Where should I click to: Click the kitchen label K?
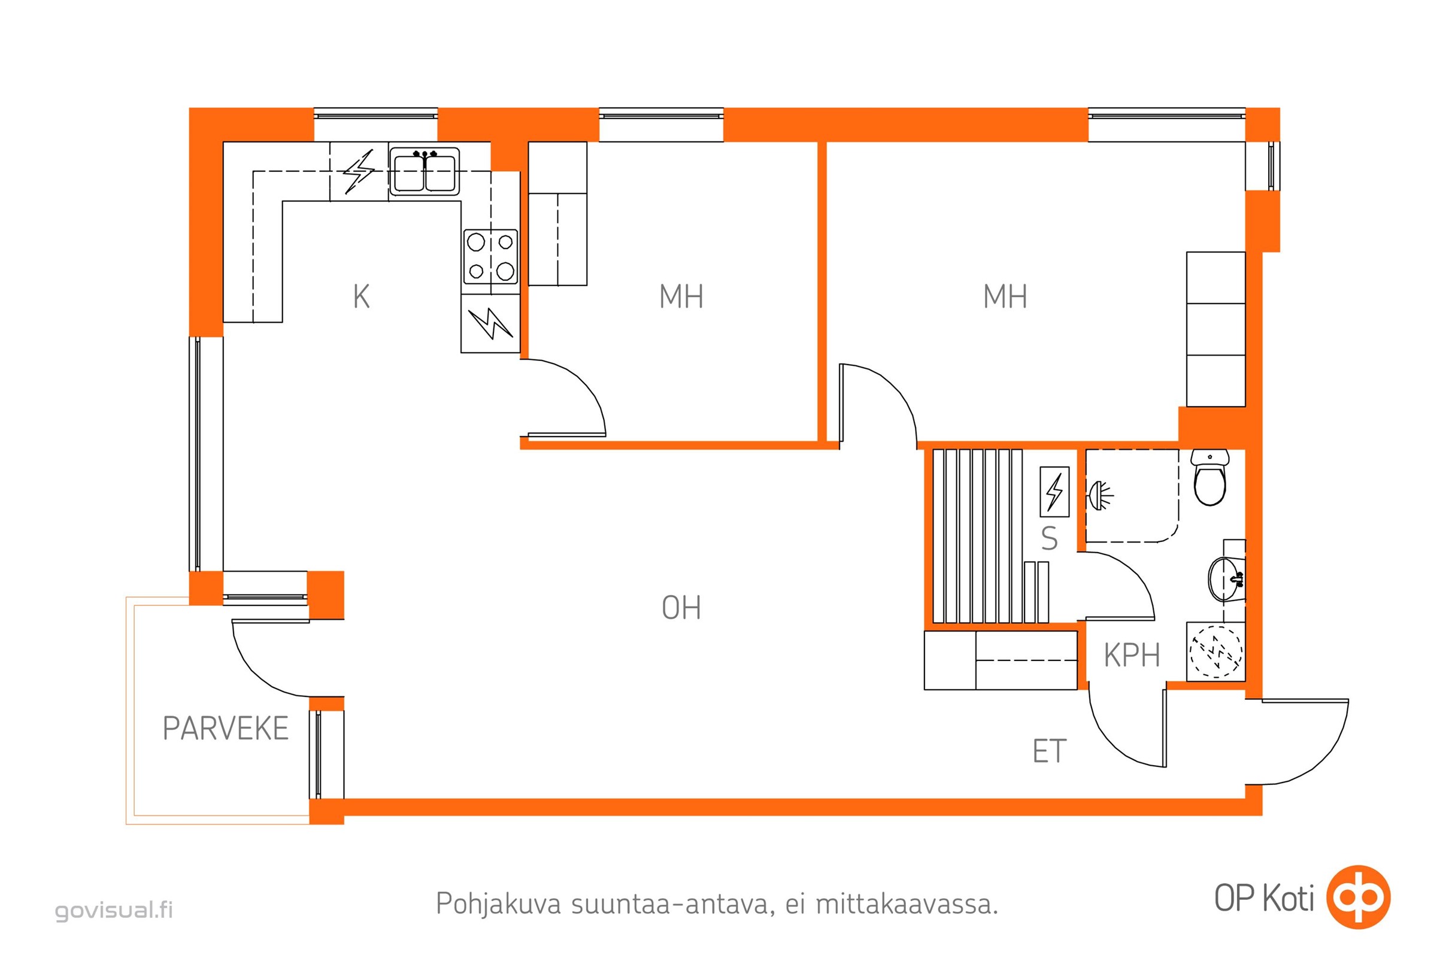click(361, 297)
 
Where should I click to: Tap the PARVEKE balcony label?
click(226, 728)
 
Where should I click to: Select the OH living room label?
click(681, 608)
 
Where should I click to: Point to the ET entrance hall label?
click(1049, 751)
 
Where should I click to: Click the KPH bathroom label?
click(1132, 656)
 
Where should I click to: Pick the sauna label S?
click(1049, 539)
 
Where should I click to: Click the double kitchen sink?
click(425, 172)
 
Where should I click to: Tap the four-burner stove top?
click(490, 257)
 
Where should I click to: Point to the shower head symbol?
click(1100, 496)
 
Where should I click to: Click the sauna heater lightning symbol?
click(1054, 492)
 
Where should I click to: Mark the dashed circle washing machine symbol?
click(1216, 652)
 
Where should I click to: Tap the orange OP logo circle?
click(1357, 898)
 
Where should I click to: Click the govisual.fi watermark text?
click(114, 910)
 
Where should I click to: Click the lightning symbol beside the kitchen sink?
click(359, 172)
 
